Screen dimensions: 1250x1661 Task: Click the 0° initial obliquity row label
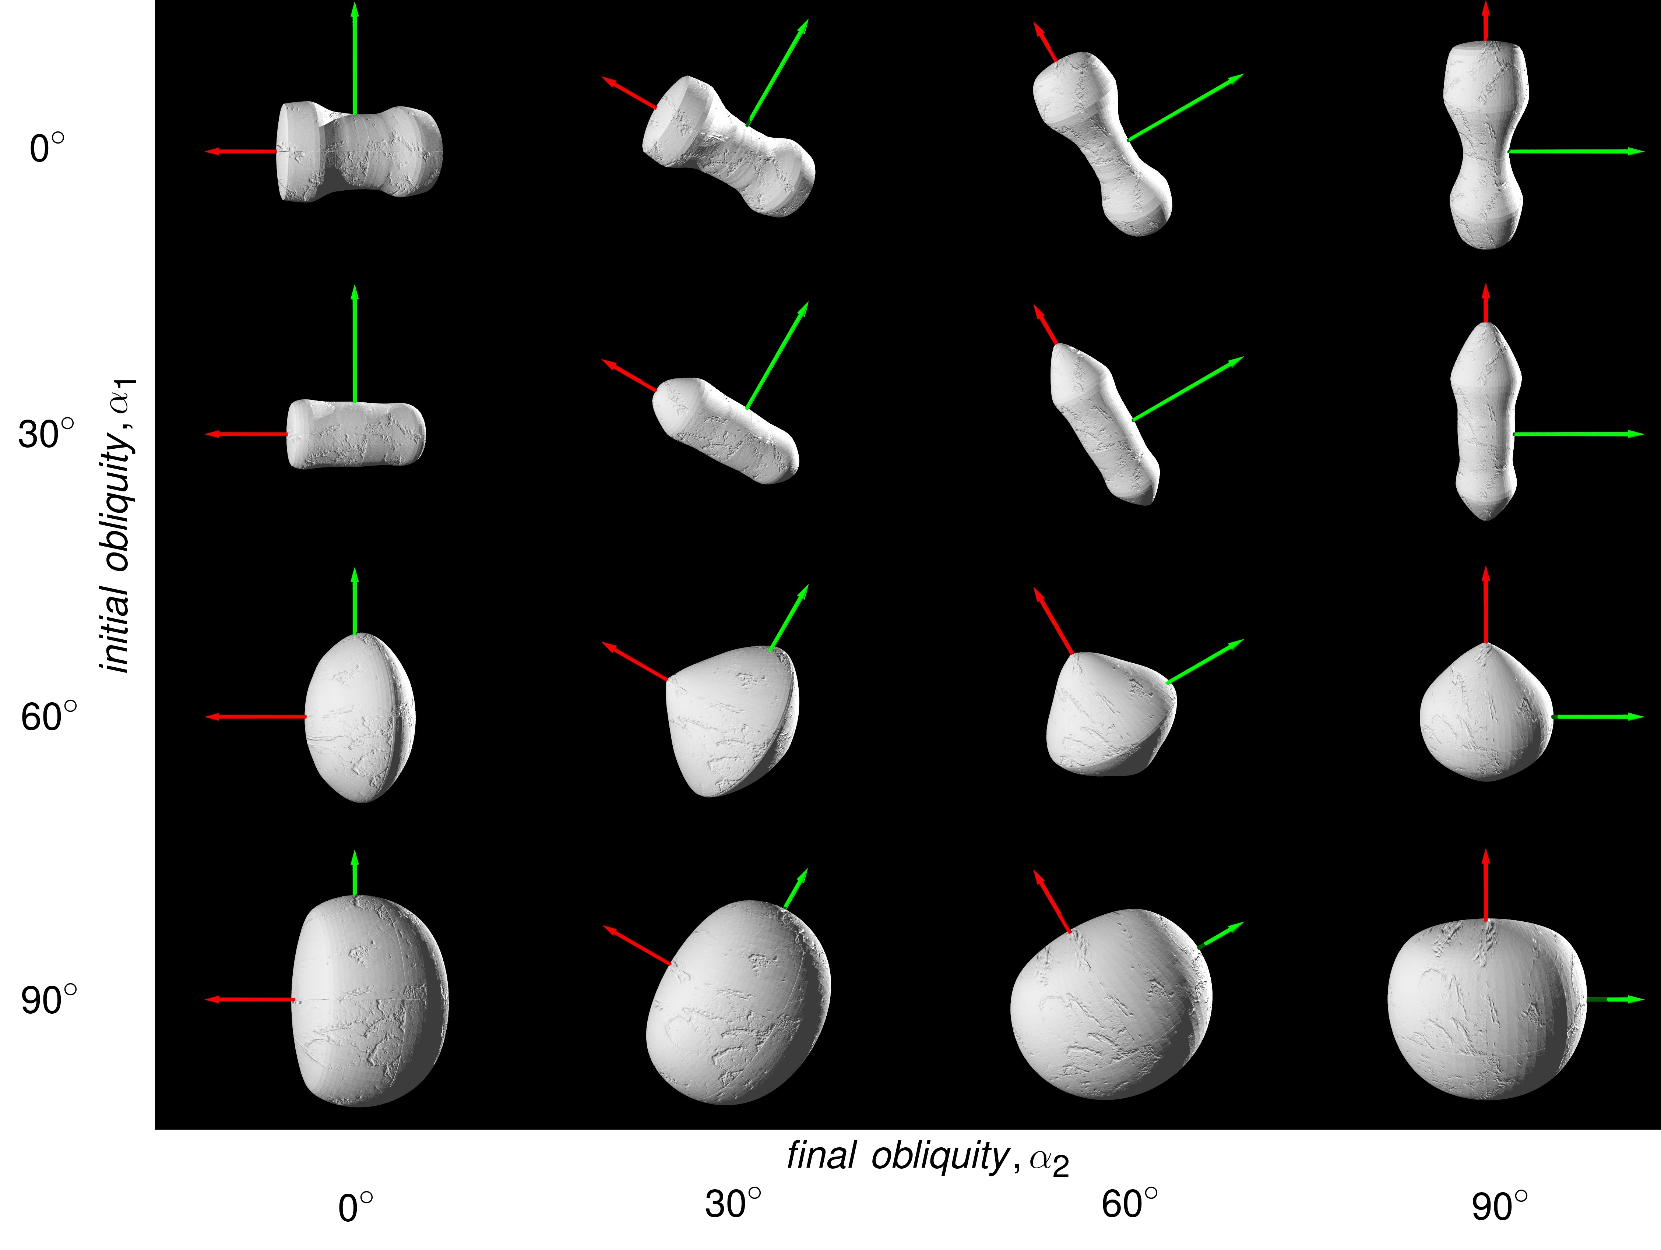click(x=46, y=149)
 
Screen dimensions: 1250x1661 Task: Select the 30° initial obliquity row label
click(x=46, y=434)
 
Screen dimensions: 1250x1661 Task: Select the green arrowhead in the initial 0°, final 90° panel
click(x=1637, y=152)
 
